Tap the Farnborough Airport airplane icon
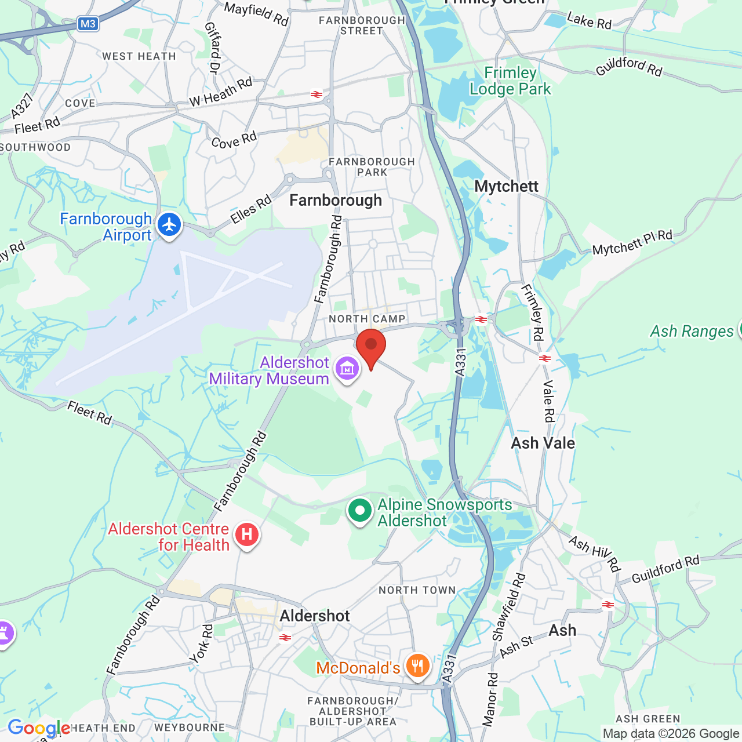[x=169, y=225]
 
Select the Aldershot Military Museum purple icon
[x=347, y=369]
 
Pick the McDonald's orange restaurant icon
[x=417, y=665]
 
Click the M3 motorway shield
[x=88, y=24]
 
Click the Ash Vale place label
[x=543, y=443]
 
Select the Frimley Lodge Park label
[x=510, y=81]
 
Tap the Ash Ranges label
[x=692, y=331]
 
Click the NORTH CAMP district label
[x=367, y=319]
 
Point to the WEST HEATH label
[x=139, y=56]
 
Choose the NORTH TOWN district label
[x=417, y=590]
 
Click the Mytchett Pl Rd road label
[x=632, y=243]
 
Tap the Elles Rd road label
[x=251, y=210]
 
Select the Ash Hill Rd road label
[x=594, y=554]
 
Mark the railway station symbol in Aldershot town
[x=285, y=638]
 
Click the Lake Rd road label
[x=589, y=21]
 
